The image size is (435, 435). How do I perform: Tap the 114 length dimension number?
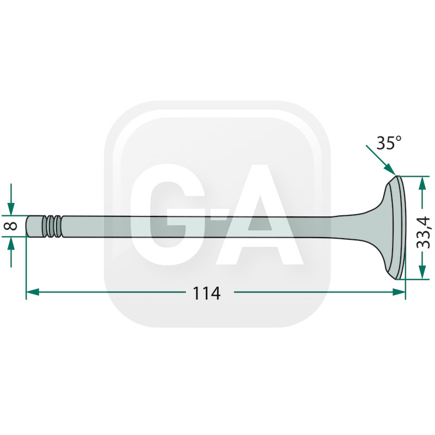207,293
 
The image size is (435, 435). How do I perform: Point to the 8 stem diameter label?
11,226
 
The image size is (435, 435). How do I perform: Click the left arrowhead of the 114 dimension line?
33,292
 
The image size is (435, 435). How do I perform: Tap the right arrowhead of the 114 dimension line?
399,292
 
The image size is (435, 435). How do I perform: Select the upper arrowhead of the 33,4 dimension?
422,183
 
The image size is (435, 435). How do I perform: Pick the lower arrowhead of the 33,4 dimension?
422,272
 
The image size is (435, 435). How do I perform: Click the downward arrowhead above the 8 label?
11,209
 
